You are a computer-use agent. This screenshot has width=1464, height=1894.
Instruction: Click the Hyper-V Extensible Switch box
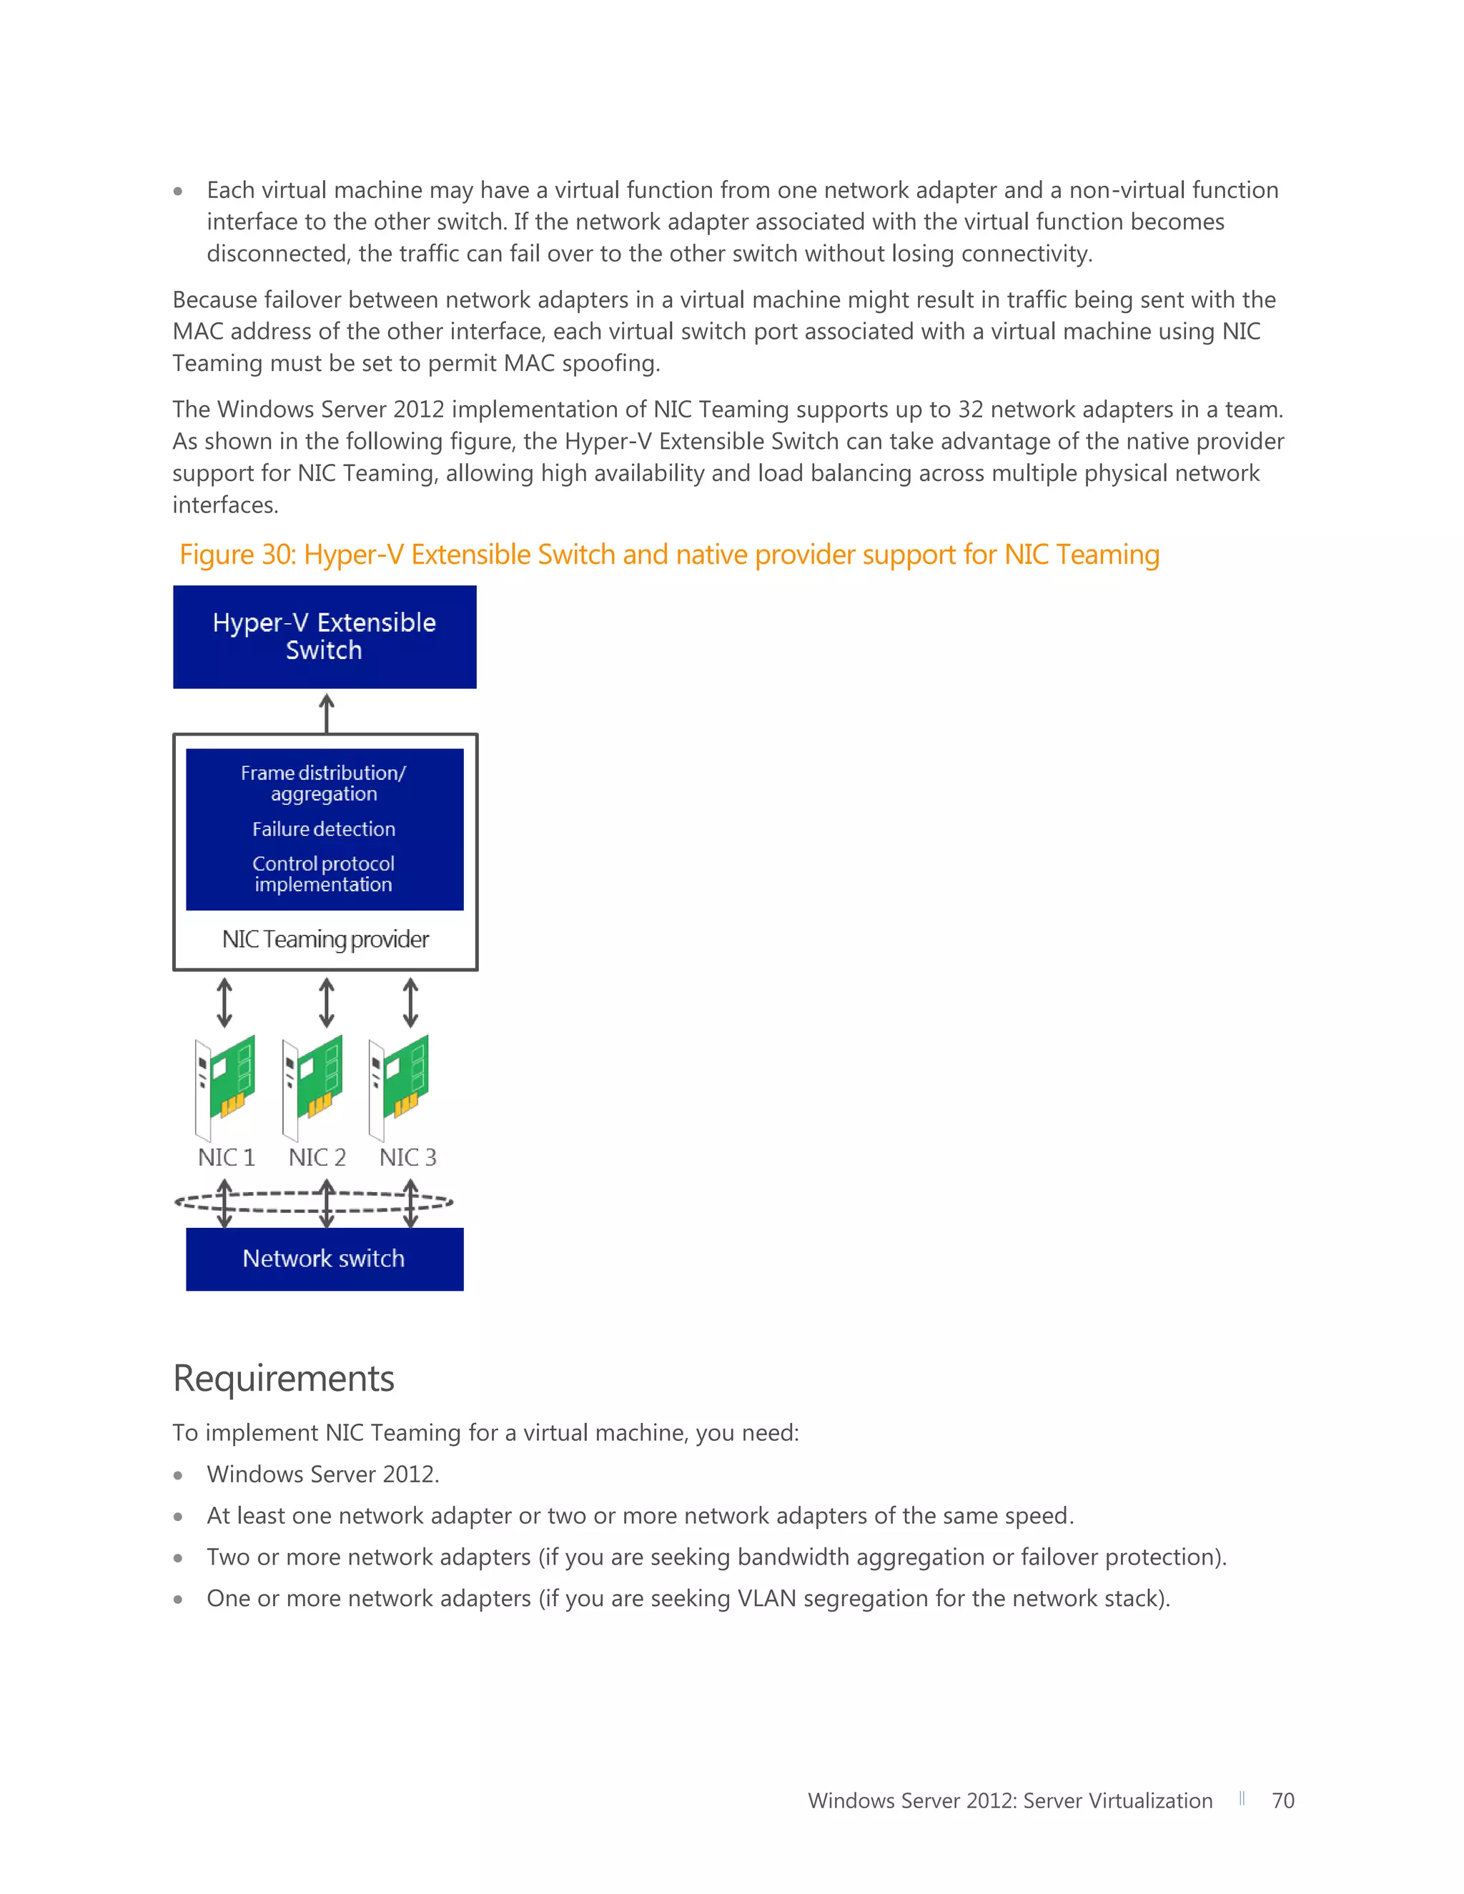[325, 637]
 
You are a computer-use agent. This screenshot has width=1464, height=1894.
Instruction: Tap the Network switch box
[325, 1259]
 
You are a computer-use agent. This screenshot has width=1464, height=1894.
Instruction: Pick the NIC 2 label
[317, 1157]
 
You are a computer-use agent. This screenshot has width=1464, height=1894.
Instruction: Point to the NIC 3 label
[407, 1157]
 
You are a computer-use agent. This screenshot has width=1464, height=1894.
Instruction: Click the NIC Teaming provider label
[325, 939]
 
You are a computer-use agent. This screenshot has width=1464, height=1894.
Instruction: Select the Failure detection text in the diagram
[324, 829]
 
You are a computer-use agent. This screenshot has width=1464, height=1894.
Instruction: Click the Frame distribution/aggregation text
[324, 783]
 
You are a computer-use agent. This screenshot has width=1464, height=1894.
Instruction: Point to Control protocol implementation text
[324, 874]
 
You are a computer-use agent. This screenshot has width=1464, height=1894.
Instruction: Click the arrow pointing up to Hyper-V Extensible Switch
[327, 713]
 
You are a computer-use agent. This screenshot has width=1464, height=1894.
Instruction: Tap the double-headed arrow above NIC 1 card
[224, 1003]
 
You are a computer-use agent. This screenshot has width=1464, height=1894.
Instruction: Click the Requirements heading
[284, 1378]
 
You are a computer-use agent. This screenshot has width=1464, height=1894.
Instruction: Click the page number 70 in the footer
[1282, 1800]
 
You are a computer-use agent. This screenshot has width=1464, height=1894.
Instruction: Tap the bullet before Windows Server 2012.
[178, 1475]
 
